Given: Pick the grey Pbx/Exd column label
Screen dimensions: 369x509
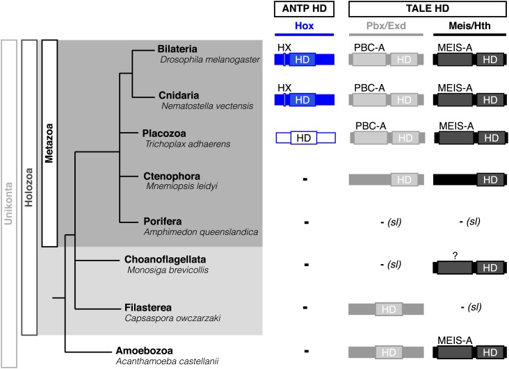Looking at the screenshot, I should [385, 26].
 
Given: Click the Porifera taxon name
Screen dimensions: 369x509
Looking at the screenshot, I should [162, 220].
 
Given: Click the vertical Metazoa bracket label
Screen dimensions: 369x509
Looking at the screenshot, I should [49, 142].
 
